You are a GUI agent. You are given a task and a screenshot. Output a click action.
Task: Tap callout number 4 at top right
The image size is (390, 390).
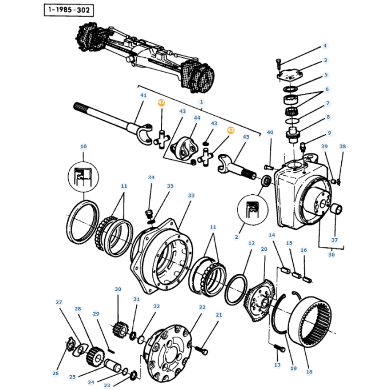[x=325, y=46]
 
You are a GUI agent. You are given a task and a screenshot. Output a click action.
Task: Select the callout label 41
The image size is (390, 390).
[x=143, y=95]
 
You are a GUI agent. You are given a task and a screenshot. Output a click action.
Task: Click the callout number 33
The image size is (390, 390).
[x=191, y=195]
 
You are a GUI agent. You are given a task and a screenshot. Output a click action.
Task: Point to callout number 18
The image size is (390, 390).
[x=310, y=372]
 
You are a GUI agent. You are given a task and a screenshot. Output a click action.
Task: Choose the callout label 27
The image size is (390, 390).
[x=58, y=302]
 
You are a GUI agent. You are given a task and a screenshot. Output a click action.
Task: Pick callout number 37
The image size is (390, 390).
[x=335, y=240]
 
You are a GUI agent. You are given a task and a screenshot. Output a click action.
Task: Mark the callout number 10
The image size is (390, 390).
[x=83, y=147]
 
